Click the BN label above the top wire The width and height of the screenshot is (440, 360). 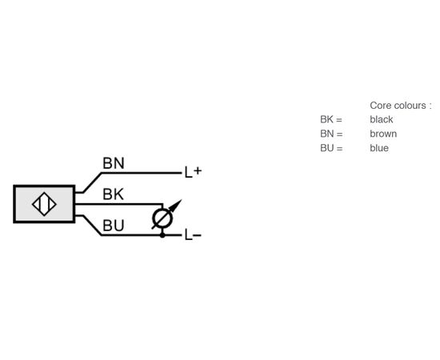[114, 163]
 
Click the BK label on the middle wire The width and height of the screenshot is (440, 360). [113, 194]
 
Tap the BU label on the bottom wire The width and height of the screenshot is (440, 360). [114, 226]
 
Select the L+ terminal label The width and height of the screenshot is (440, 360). [193, 172]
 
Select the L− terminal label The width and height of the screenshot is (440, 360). [193, 235]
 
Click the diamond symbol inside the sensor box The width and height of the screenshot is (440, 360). [44, 204]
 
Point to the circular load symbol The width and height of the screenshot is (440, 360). [162, 218]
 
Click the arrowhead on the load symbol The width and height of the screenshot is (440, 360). [177, 205]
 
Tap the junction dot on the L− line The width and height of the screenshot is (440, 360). [162, 235]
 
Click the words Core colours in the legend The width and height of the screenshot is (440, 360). [398, 106]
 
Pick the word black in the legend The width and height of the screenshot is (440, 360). [382, 119]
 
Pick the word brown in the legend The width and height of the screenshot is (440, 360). [383, 134]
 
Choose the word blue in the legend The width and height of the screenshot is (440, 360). [379, 148]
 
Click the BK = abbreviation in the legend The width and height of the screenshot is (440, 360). [331, 119]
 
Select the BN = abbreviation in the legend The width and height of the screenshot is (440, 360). [331, 134]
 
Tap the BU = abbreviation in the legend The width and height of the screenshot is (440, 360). [331, 148]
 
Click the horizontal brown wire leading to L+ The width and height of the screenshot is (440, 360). [142, 173]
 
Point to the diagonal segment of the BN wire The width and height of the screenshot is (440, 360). [92, 182]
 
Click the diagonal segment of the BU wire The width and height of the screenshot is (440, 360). [92, 226]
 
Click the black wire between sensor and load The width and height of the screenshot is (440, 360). [118, 204]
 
